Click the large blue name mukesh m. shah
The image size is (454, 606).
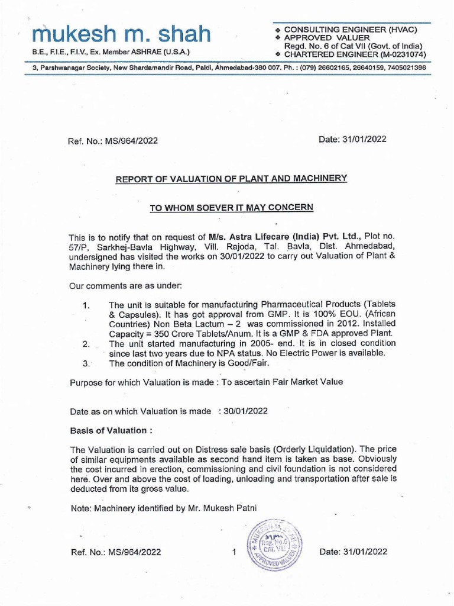click(x=121, y=35)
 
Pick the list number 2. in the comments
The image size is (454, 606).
click(x=86, y=344)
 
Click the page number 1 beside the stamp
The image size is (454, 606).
click(x=234, y=552)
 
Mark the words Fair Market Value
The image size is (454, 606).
click(x=308, y=382)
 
